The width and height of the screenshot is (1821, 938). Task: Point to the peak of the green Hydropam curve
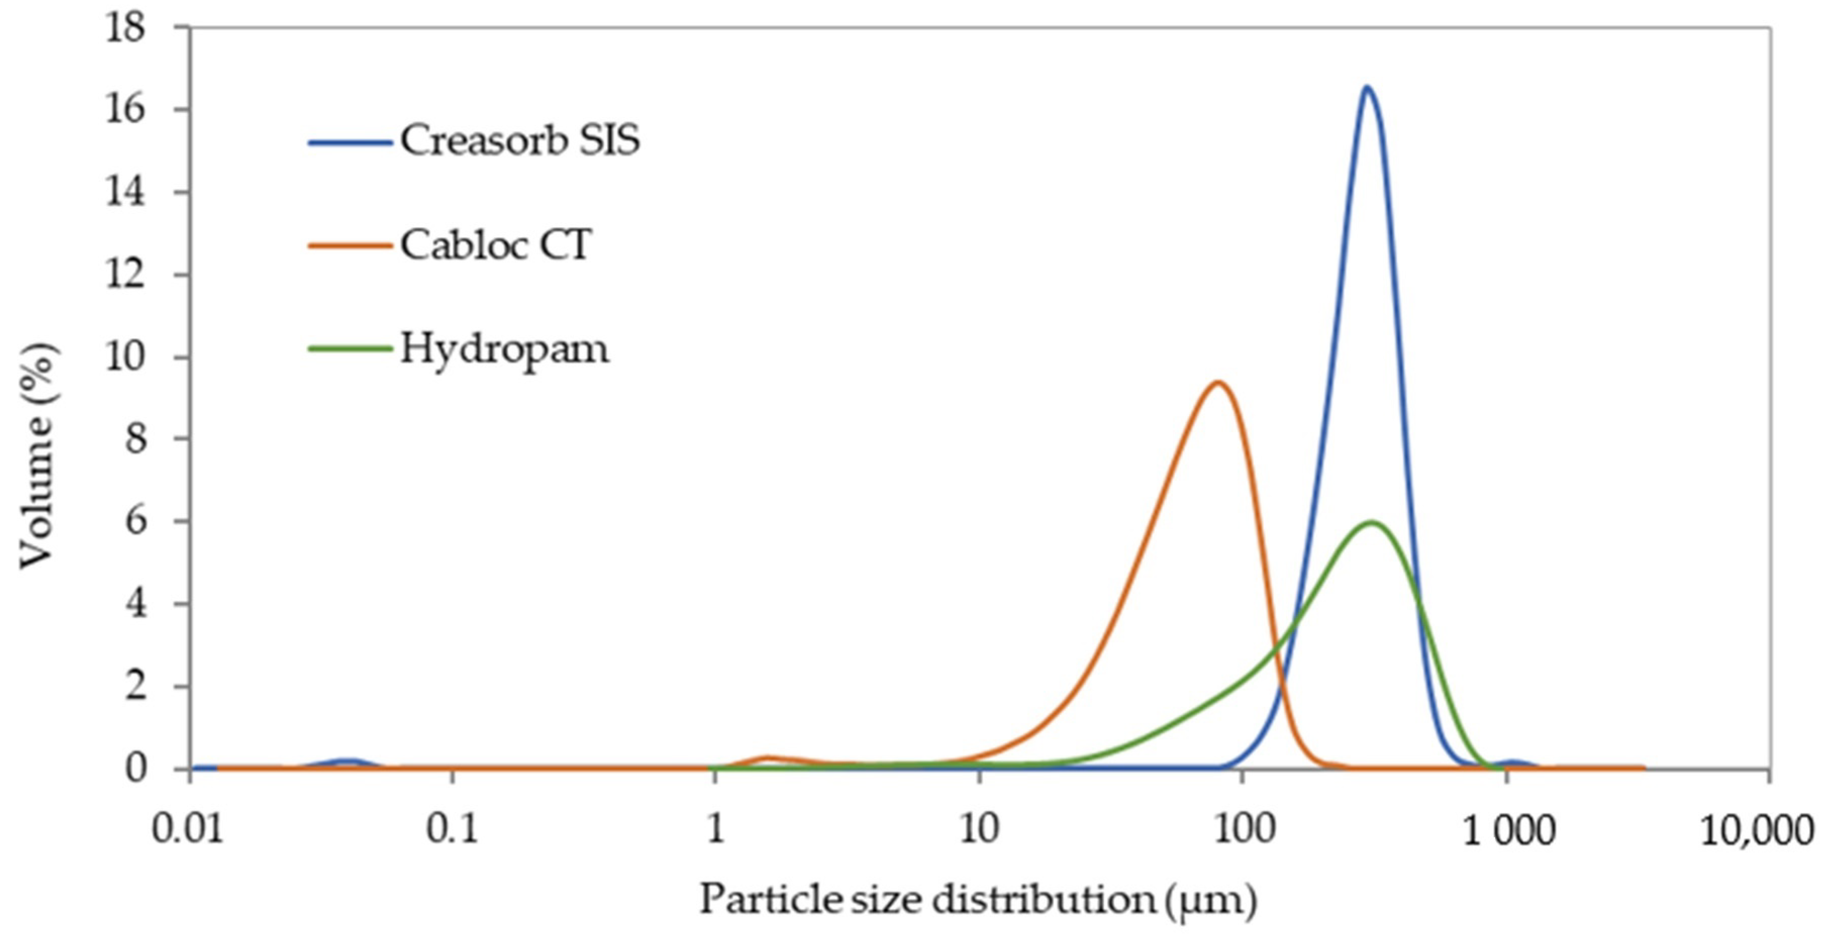1372,523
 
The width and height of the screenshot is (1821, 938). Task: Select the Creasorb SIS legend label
520,140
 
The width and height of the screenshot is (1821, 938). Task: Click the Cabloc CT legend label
495,245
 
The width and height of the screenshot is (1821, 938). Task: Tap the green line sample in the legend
350,348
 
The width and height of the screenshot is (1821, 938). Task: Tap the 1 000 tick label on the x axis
1508,830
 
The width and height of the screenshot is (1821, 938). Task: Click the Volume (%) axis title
37,455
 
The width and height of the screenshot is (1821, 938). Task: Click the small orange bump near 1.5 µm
768,758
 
